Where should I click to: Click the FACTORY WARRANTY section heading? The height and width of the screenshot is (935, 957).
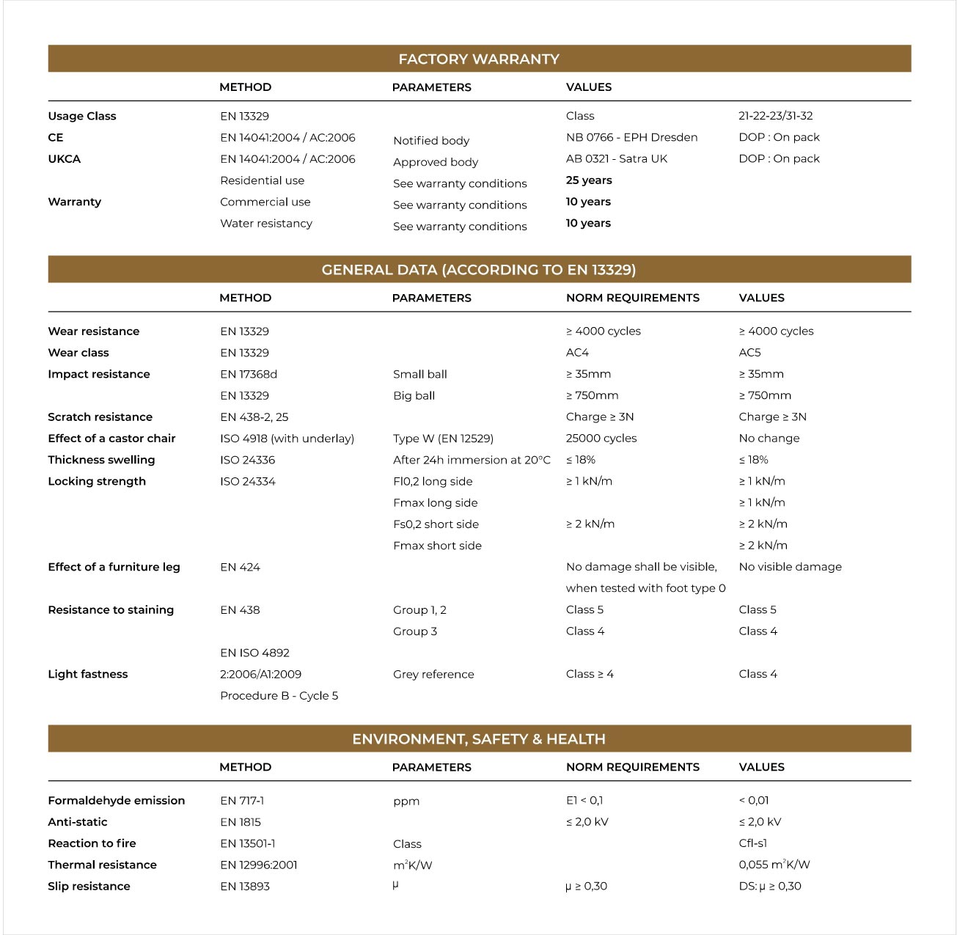click(478, 59)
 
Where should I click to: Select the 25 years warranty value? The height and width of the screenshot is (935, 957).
click(588, 180)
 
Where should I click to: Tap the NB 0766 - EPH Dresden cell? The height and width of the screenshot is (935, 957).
click(631, 137)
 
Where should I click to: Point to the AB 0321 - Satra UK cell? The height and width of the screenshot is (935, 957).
click(616, 158)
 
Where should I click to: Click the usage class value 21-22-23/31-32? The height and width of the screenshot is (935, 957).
click(775, 116)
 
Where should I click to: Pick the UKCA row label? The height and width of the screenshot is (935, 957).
click(65, 158)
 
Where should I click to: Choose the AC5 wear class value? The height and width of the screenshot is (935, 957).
click(749, 353)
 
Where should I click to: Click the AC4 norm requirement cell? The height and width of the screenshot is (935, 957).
click(577, 353)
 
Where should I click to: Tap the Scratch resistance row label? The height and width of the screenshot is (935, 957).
click(100, 417)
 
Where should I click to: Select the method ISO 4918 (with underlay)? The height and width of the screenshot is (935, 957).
click(287, 439)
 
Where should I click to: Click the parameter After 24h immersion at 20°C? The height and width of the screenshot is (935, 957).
click(472, 460)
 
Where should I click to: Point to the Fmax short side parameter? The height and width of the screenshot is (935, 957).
click(437, 546)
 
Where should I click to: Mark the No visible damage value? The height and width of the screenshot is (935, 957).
click(790, 567)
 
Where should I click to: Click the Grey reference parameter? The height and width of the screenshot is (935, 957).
click(433, 675)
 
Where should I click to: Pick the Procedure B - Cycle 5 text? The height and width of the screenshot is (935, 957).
click(279, 696)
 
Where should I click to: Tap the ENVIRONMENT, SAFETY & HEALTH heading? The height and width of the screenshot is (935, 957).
click(478, 739)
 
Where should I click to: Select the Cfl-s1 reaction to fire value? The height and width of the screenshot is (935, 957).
click(753, 843)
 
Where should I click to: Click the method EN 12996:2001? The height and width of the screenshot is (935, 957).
click(258, 865)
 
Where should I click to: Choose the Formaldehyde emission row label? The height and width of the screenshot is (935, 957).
click(116, 801)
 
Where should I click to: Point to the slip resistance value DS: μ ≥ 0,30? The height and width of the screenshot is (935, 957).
click(770, 887)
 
